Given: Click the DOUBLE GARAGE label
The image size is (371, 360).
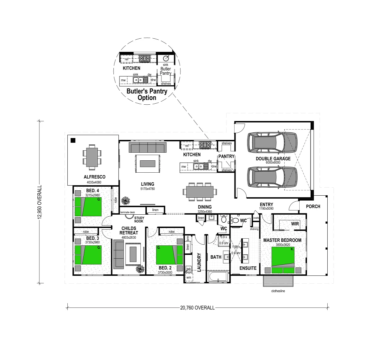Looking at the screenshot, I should pyautogui.click(x=273, y=159).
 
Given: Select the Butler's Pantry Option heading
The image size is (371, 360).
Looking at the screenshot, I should pyautogui.click(x=146, y=94).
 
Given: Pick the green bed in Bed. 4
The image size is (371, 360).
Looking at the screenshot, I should pyautogui.click(x=88, y=206).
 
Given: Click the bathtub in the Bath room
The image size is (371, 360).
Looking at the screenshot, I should pyautogui.click(x=218, y=276).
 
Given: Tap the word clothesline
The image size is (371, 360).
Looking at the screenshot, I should pyautogui.click(x=278, y=291).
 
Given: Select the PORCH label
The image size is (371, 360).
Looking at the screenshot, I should pyautogui.click(x=313, y=206).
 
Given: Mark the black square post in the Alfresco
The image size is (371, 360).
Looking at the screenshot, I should pyautogui.click(x=73, y=140).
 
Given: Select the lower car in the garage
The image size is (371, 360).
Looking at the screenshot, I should pyautogui.click(x=272, y=177).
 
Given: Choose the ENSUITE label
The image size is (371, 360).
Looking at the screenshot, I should pyautogui.click(x=248, y=268).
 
